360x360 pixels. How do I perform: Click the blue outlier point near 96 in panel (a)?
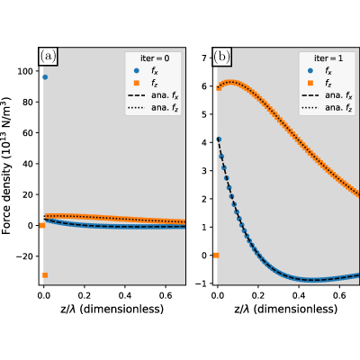pyautogui.click(x=45, y=77)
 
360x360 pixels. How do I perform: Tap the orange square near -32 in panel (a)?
pyautogui.click(x=45, y=275)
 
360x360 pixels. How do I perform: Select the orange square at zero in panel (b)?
pyautogui.click(x=216, y=256)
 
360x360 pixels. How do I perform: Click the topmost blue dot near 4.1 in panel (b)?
pyautogui.click(x=219, y=139)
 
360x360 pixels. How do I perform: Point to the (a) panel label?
pyautogui.click(x=48, y=57)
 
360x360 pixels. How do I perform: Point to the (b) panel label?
pyautogui.click(x=221, y=57)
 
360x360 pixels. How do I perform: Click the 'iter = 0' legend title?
pyautogui.click(x=155, y=58)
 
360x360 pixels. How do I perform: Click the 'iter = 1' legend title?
pyautogui.click(x=328, y=58)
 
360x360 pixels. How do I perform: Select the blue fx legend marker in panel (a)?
pyautogui.click(x=137, y=71)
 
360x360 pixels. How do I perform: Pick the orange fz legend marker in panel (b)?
pyautogui.click(x=310, y=83)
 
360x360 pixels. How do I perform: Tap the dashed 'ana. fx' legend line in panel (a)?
pyautogui.click(x=137, y=95)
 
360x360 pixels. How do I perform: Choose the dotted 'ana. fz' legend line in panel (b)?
pyautogui.click(x=310, y=108)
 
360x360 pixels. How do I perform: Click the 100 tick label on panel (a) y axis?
pyautogui.click(x=26, y=71)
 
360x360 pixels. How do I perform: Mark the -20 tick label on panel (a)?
pyautogui.click(x=24, y=256)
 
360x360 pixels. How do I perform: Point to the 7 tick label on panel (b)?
pyautogui.click(x=204, y=58)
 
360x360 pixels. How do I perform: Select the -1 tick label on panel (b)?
pyautogui.click(x=202, y=283)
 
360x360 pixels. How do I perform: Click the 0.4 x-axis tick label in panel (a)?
pyautogui.click(x=125, y=296)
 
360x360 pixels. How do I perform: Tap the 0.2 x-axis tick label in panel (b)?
pyautogui.click(x=258, y=296)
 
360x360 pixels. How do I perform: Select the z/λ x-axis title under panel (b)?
pyautogui.click(x=286, y=309)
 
